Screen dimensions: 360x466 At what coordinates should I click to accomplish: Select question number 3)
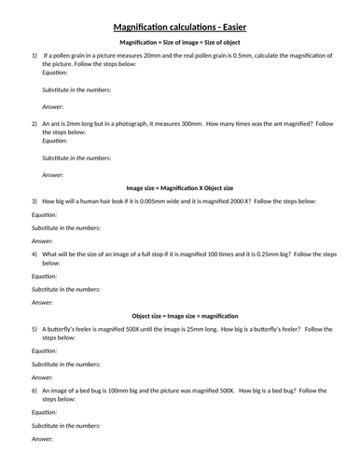point(35,200)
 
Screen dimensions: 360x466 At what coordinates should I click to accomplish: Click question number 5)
point(35,328)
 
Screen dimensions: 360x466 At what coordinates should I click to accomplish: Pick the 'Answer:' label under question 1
point(53,107)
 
